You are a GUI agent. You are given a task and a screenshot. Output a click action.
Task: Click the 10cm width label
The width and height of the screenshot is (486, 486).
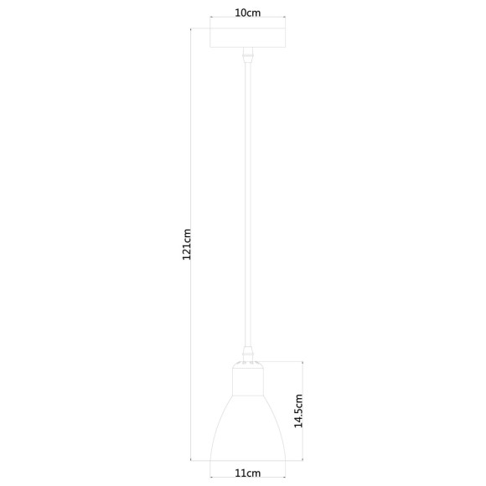point(246,13)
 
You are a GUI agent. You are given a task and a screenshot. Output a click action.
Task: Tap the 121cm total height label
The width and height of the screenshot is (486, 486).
point(188,244)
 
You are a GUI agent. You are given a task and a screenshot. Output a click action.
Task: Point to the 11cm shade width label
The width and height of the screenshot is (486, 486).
point(247,473)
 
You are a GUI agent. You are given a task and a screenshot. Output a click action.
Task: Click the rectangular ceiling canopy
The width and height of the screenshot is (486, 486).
point(246,39)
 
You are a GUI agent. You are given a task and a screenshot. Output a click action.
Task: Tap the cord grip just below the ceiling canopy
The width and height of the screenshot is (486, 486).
point(246,58)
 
